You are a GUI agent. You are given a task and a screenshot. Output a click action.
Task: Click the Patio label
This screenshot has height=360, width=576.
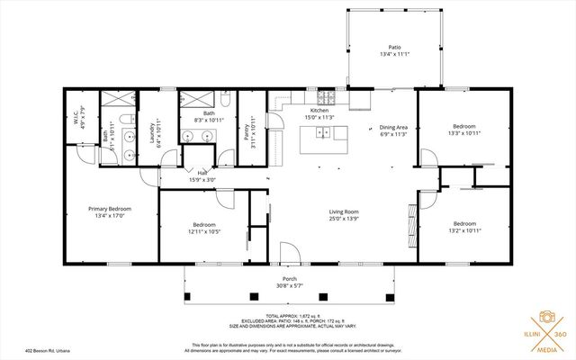click(393, 47)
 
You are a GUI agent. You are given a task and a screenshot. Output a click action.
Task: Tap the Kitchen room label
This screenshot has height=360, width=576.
click(319, 111)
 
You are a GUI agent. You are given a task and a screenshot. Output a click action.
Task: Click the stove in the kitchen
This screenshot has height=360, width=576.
click(330, 97)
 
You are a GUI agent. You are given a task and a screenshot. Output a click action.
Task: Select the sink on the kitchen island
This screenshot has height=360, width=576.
click(323, 133)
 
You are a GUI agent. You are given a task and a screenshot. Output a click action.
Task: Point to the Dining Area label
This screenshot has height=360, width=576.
click(392, 128)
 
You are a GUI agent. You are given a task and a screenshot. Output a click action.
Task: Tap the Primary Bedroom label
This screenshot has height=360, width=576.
click(110, 209)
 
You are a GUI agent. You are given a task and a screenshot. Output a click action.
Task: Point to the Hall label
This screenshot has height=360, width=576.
click(202, 173)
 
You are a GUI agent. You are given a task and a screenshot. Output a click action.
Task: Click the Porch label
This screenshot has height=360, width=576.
click(290, 279)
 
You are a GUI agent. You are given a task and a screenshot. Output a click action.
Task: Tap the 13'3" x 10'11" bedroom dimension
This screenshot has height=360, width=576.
click(464, 133)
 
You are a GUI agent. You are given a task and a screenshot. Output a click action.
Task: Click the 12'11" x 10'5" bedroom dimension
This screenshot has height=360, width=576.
click(204, 231)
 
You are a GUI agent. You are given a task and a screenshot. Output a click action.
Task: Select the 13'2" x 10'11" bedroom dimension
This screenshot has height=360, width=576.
click(464, 229)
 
